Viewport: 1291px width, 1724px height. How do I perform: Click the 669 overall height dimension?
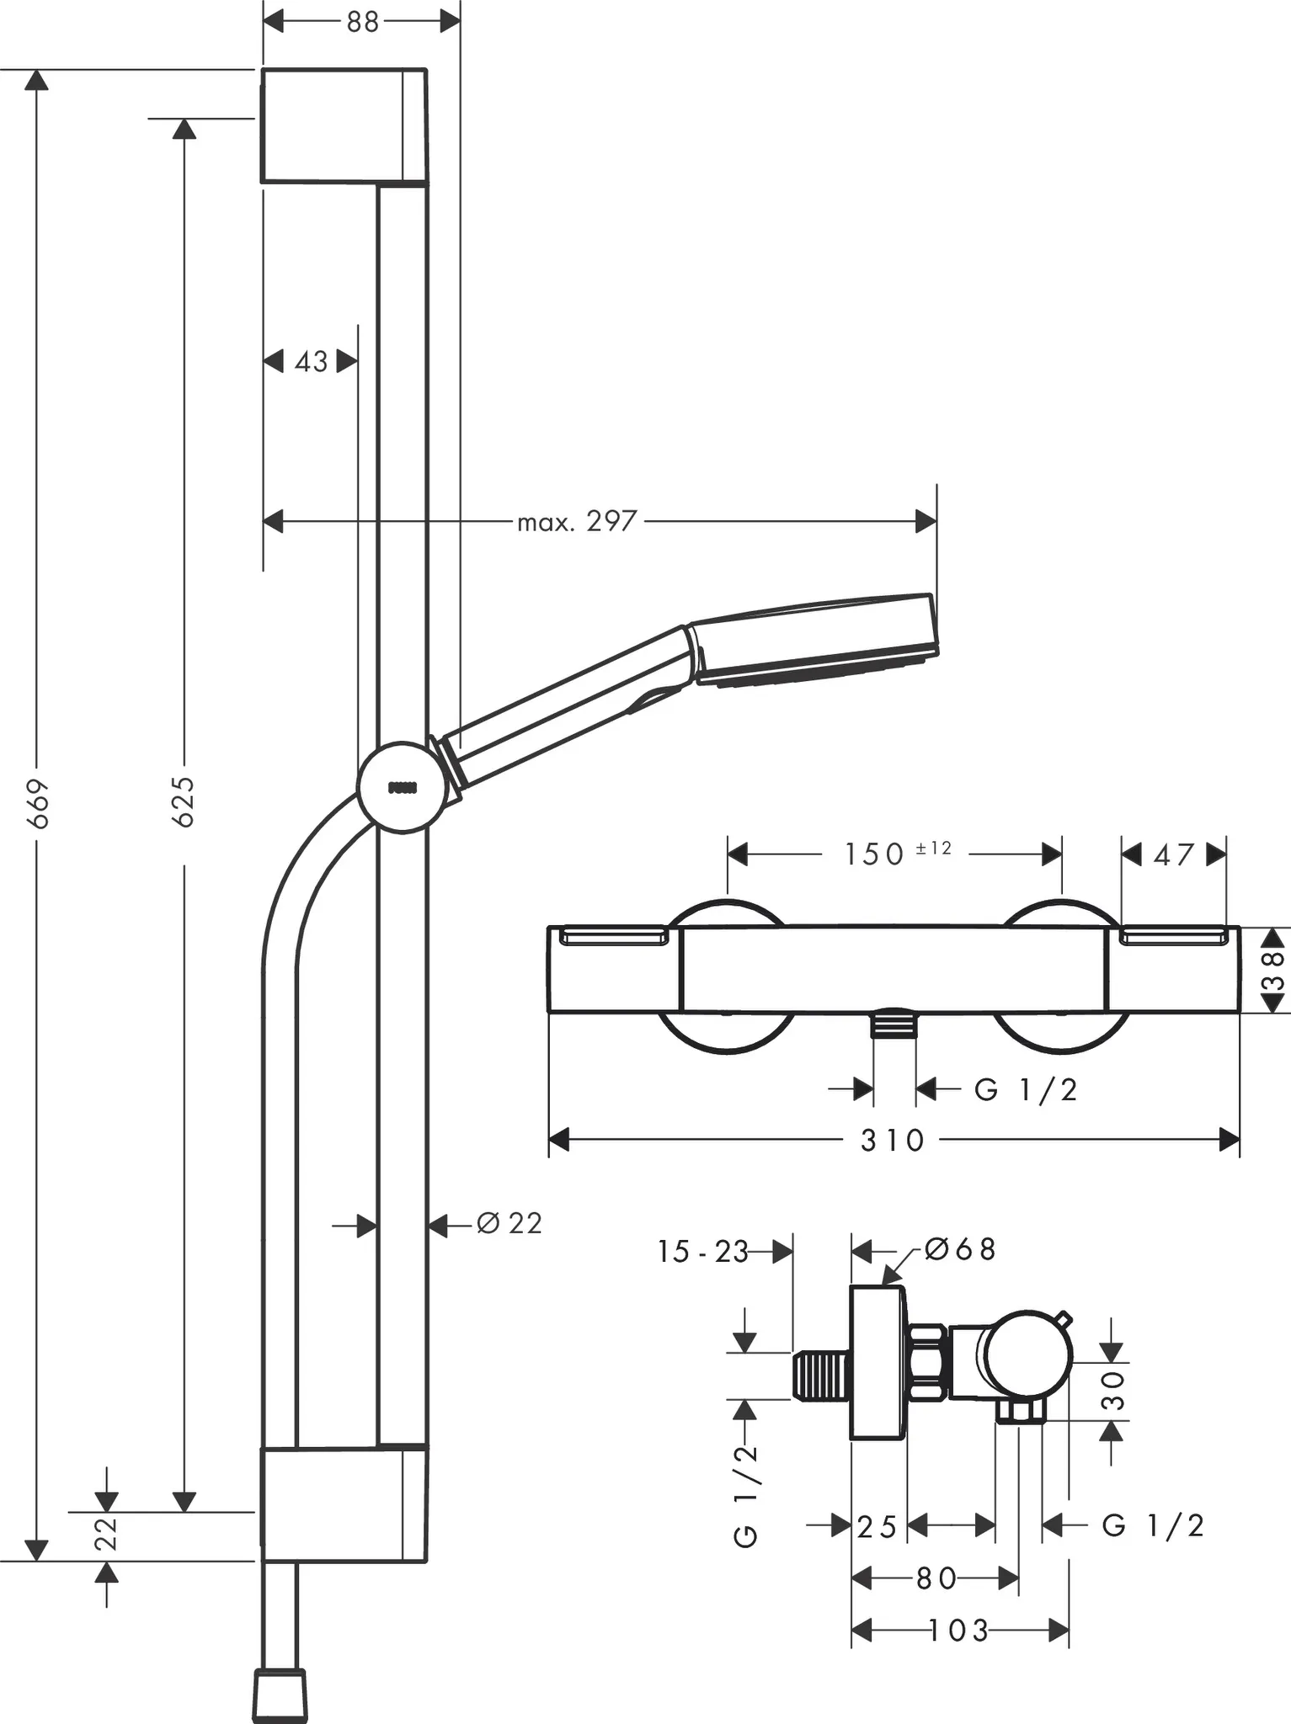coord(38,804)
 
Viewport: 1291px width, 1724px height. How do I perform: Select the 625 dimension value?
coord(184,801)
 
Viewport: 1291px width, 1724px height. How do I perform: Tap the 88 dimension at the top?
coord(362,23)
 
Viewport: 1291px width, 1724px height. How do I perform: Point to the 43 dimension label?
coord(311,362)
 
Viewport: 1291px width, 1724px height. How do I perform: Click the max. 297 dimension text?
coord(577,522)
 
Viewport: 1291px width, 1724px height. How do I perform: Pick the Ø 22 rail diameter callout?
coord(509,1223)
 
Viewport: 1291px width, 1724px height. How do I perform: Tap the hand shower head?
coord(813,640)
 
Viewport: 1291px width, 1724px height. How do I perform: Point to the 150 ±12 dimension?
coord(896,854)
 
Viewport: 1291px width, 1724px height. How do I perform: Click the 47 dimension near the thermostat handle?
coord(1173,854)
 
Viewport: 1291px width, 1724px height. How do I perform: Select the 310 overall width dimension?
coord(893,1141)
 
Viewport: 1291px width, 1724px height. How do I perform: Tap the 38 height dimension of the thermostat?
coord(1275,970)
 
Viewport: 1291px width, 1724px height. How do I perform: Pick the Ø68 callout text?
coord(960,1249)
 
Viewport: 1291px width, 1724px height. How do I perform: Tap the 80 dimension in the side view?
coord(936,1578)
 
